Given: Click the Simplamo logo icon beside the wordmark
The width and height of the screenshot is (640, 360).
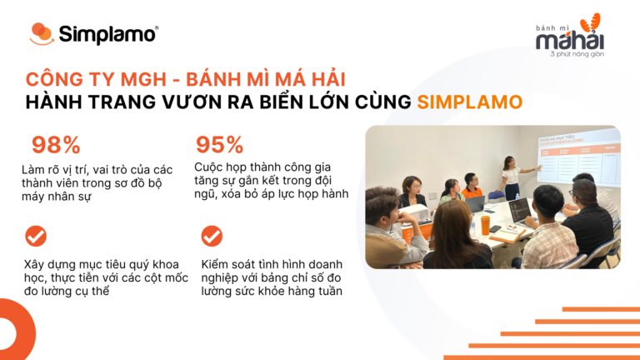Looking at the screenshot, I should click(x=42, y=34).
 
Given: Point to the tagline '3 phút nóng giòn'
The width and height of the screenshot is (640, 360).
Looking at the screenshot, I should click(x=578, y=55).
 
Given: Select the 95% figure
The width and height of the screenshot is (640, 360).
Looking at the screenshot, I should click(x=218, y=144).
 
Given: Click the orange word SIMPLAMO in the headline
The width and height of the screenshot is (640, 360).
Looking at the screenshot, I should click(x=470, y=103).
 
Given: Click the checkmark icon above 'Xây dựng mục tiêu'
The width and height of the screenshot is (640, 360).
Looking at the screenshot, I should click(x=36, y=236).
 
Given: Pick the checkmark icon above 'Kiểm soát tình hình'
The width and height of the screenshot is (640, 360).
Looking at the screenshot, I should click(x=212, y=236).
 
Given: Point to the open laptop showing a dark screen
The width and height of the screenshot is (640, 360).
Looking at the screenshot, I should click(x=518, y=210).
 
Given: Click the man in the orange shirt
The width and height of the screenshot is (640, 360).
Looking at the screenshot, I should click(x=471, y=187).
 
